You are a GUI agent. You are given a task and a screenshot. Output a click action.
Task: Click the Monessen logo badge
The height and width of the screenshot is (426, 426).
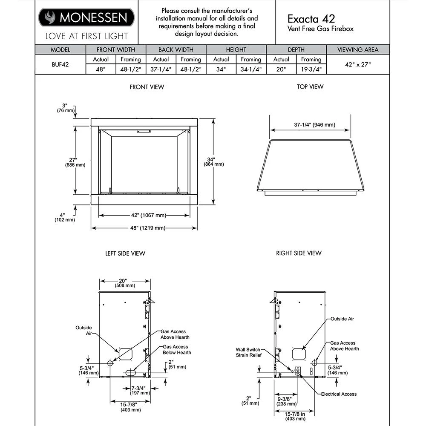[86, 17]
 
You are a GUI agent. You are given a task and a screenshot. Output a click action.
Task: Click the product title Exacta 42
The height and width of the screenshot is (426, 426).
[311, 19]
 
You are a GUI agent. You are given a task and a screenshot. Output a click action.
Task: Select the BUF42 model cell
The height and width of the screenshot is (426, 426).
[60, 64]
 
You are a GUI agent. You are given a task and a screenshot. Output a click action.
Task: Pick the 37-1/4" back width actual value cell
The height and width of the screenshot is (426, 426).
[161, 69]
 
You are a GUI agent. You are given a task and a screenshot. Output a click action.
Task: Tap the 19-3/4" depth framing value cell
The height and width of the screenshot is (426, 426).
[311, 69]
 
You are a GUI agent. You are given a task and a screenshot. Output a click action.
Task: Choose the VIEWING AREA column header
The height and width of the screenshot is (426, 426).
[358, 50]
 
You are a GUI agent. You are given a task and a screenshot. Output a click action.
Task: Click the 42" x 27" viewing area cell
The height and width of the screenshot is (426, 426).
[358, 64]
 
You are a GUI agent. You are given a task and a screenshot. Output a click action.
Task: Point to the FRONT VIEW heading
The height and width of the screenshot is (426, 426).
[147, 87]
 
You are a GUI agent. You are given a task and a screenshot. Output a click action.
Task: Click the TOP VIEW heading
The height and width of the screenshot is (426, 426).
[310, 86]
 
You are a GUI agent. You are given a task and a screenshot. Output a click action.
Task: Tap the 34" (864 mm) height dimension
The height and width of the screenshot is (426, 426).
[214, 162]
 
